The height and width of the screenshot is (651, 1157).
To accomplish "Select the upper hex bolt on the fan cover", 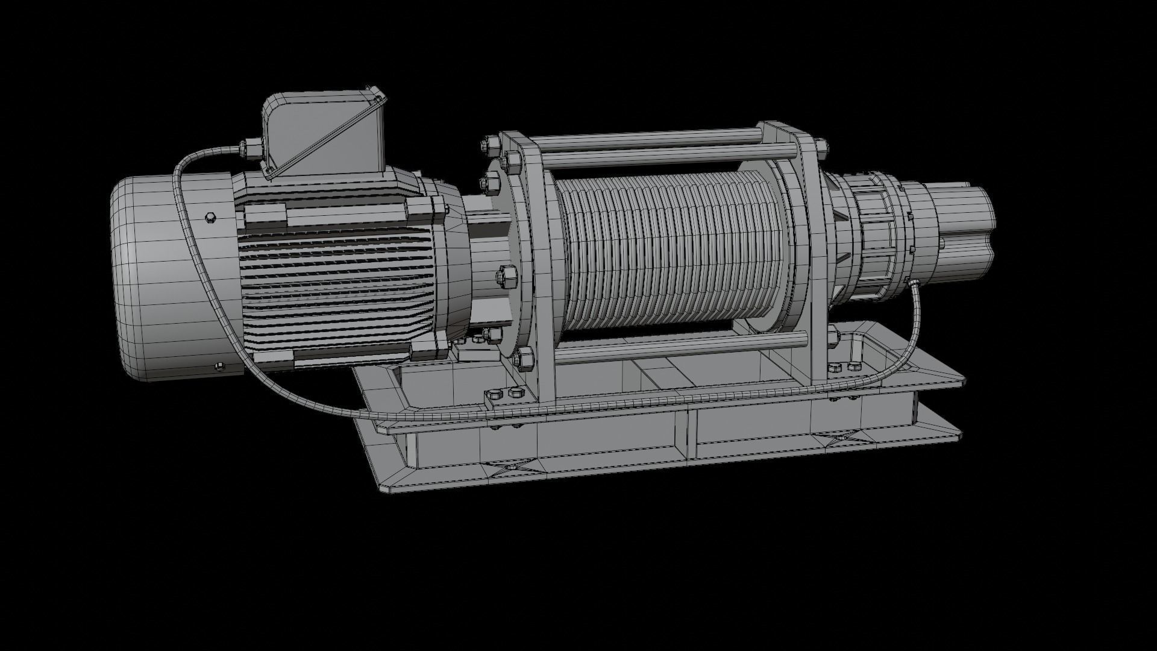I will coord(210,218).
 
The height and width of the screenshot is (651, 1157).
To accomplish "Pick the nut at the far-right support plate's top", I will coord(820,144).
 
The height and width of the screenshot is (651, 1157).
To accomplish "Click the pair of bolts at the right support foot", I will coord(842,367).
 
